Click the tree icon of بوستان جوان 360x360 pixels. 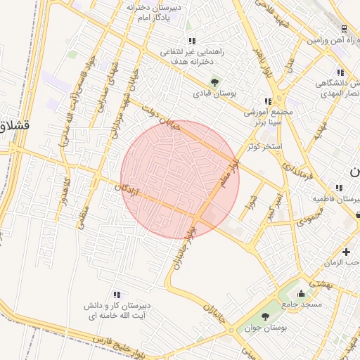[x=265, y=316]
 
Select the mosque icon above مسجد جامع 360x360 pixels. [x=302, y=293]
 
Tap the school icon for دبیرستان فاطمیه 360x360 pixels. [x=340, y=188]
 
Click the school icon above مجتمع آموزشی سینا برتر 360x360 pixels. [x=266, y=101]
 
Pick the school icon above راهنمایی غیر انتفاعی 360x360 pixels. [x=192, y=41]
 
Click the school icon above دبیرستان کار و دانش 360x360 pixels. [x=117, y=295]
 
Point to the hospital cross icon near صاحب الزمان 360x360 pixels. [x=346, y=252]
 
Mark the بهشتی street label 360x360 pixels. [x=321, y=283]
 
